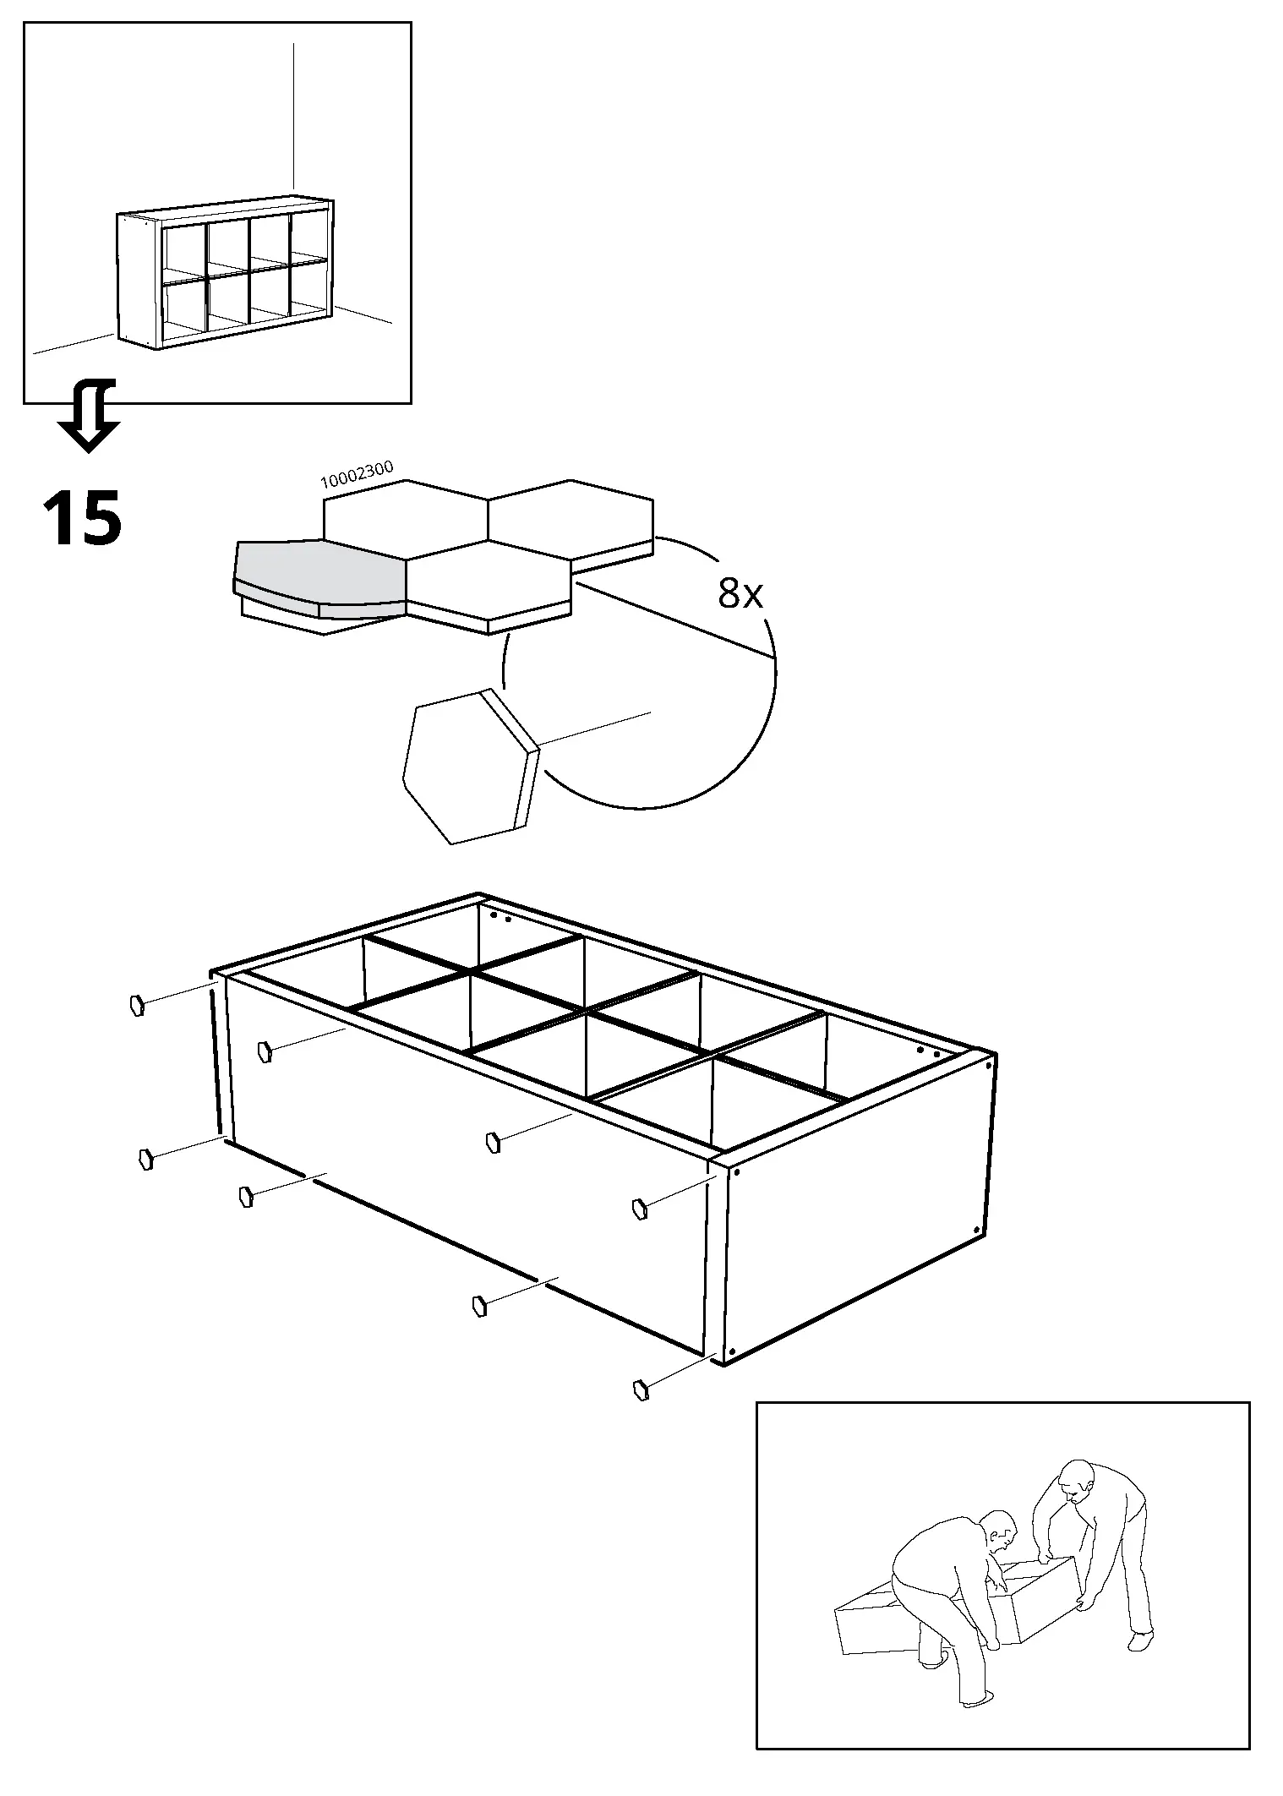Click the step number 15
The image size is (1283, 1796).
pos(82,517)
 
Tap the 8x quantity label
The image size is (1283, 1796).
pos(740,594)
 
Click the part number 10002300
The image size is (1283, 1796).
pos(356,475)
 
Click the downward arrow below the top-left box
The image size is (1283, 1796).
pos(89,418)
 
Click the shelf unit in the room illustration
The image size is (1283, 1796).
pos(225,275)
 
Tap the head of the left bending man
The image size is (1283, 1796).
pos(1000,1531)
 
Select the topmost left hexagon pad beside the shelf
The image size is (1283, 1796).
pos(136,1006)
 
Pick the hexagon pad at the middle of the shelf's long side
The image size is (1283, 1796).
pos(493,1143)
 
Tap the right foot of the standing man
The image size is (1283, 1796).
pos(1139,1641)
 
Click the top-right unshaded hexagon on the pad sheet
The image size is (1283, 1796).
pos(571,518)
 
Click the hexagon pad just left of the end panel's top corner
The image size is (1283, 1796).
pos(639,1209)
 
